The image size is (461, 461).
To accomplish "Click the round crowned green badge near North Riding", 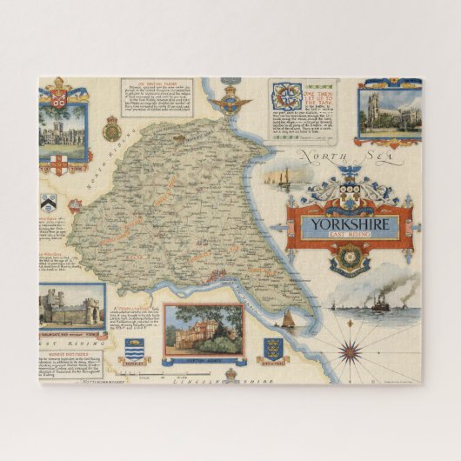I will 111,130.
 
